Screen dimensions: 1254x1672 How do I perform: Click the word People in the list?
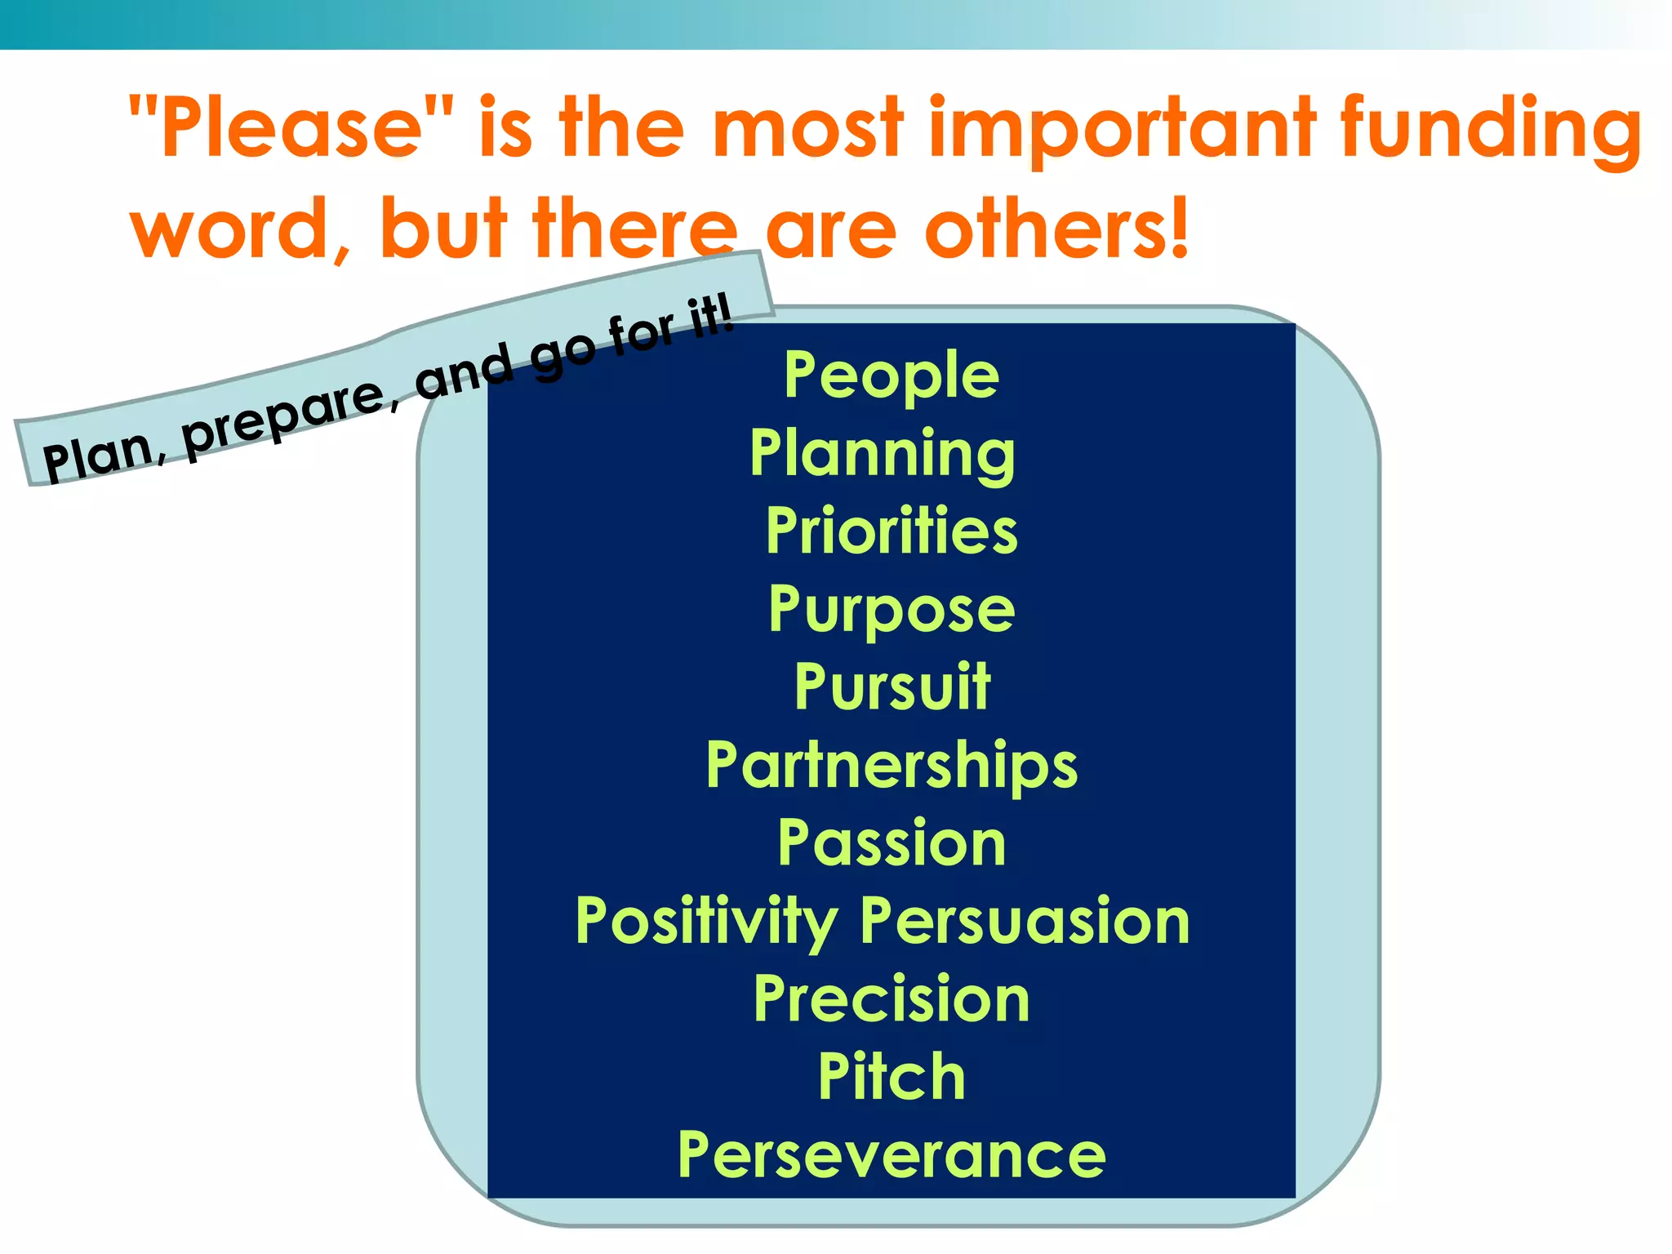click(891, 376)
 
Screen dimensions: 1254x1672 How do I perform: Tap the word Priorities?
click(891, 531)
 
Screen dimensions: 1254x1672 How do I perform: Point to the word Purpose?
click(891, 610)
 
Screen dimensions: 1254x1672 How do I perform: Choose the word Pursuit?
click(892, 687)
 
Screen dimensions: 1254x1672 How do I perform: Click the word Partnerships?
click(891, 766)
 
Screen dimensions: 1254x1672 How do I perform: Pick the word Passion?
click(891, 843)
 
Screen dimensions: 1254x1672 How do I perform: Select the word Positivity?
click(706, 922)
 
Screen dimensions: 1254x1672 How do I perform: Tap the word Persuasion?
click(1025, 921)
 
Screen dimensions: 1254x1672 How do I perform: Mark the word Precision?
click(891, 999)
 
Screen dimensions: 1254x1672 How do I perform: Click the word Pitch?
click(891, 1077)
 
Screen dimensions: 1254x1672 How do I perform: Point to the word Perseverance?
click(891, 1155)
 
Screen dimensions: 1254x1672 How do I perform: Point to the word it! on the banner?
click(711, 318)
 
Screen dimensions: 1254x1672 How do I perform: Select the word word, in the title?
click(241, 230)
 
